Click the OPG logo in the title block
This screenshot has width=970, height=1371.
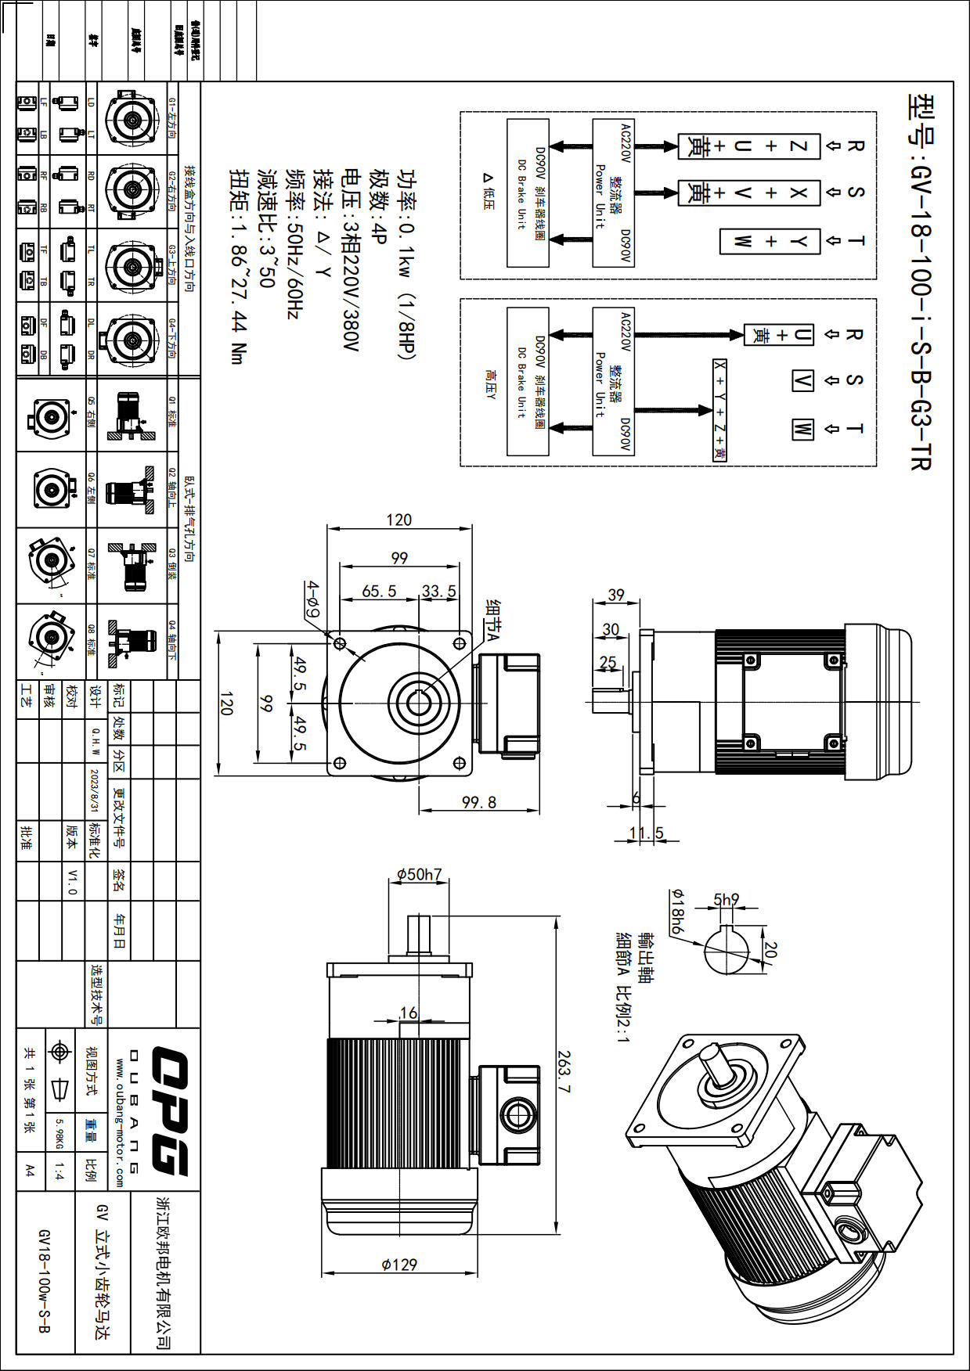[170, 1110]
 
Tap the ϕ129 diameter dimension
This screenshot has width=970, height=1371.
[399, 1264]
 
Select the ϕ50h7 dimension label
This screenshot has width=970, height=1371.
[419, 874]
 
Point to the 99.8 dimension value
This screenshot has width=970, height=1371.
[478, 802]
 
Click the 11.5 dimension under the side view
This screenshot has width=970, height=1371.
[646, 833]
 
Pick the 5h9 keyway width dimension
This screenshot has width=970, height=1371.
[726, 900]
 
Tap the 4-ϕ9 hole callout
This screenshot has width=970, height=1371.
[312, 599]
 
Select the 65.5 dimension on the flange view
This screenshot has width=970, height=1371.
[379, 592]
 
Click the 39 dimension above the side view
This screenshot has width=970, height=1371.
[616, 595]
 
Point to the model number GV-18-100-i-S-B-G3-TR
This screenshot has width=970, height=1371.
[920, 282]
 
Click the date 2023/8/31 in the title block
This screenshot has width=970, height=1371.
[95, 790]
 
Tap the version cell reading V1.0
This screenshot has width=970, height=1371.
[72, 881]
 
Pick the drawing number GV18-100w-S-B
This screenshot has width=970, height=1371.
[45, 1280]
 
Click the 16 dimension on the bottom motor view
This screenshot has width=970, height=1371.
[409, 1013]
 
